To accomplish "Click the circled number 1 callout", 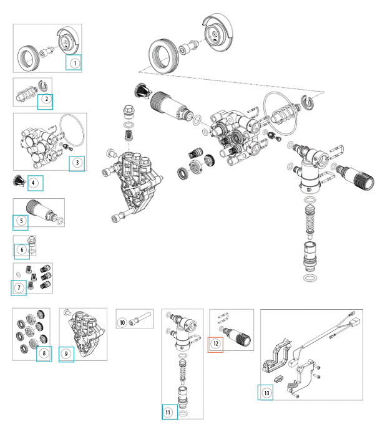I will (74, 63).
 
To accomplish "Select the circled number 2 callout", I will (46, 100).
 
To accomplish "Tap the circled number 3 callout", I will (77, 163).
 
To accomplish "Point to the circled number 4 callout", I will (34, 183).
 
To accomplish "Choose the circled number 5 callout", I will (22, 221).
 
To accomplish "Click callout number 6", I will (22, 250).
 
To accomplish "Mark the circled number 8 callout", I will (44, 353).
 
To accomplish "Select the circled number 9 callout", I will (67, 353).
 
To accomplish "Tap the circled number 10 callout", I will (123, 322).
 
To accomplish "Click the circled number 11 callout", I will (168, 411).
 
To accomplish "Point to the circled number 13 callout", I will (266, 392).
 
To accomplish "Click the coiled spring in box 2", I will (25, 97).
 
